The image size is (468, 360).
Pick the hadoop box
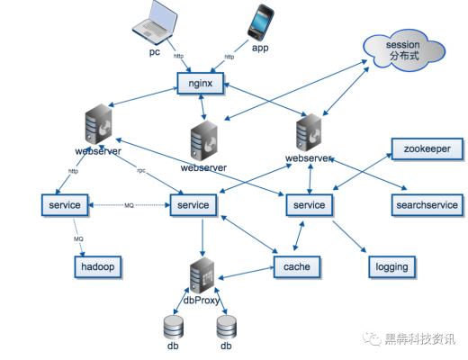click(x=97, y=266)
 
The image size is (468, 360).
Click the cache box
click(x=297, y=266)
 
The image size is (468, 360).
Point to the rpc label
click(x=141, y=171)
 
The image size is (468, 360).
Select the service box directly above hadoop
click(x=61, y=205)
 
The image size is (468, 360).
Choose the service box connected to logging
click(x=310, y=205)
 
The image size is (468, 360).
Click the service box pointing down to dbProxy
click(x=193, y=205)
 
